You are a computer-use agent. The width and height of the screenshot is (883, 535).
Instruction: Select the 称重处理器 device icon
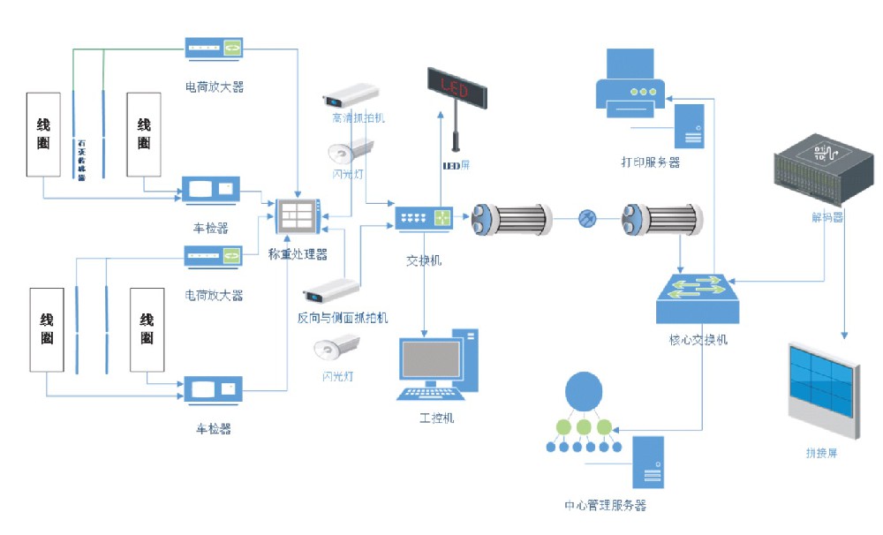click(x=298, y=217)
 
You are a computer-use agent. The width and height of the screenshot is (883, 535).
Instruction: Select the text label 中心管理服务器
click(x=605, y=506)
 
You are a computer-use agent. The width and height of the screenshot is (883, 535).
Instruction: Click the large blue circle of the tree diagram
click(x=584, y=390)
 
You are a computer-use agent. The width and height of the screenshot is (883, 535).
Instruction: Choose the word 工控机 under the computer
click(x=436, y=417)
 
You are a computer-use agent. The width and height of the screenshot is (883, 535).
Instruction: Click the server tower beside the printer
click(x=690, y=124)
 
